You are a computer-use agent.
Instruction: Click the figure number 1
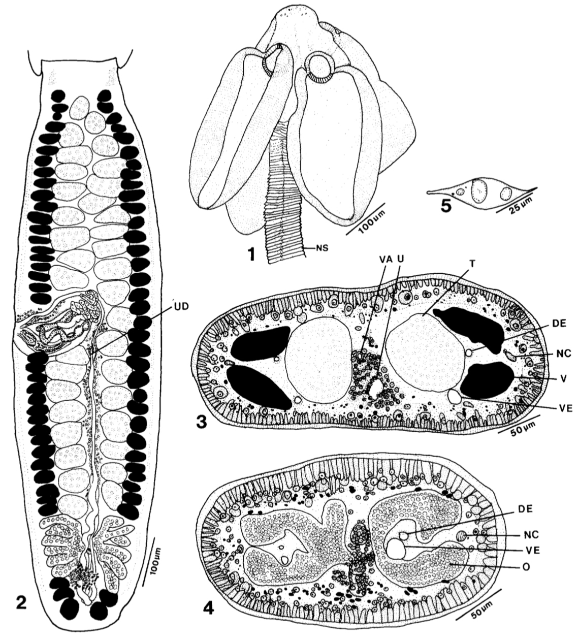pyautogui.click(x=252, y=255)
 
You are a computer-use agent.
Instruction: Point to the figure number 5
pyautogui.click(x=445, y=206)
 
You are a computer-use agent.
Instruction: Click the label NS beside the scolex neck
pyautogui.click(x=323, y=248)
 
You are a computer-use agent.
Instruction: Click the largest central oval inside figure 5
pyautogui.click(x=479, y=190)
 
